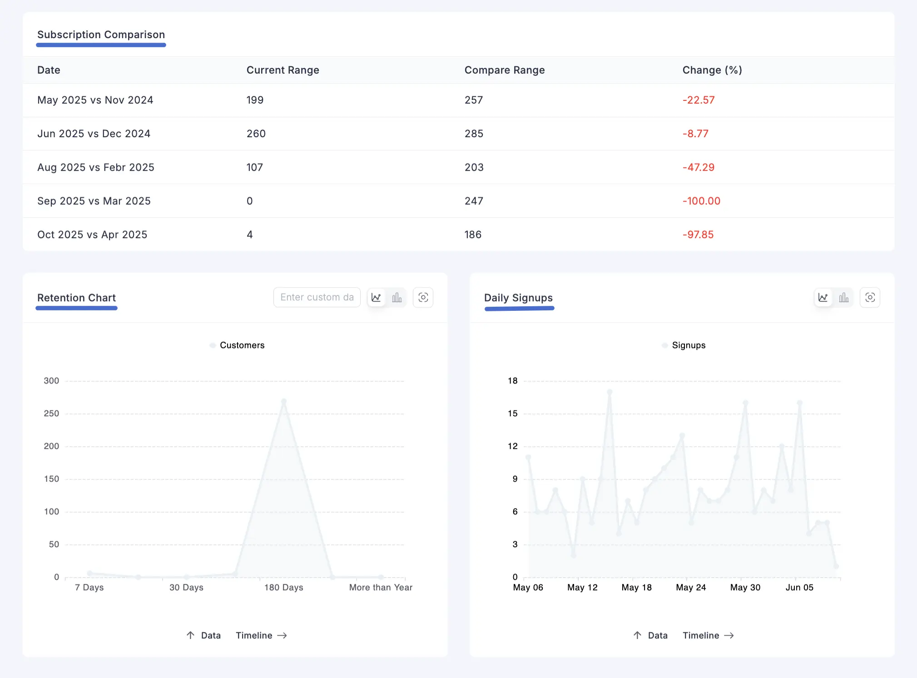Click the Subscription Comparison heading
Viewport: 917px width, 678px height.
[x=101, y=35]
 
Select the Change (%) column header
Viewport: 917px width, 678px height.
[x=712, y=70]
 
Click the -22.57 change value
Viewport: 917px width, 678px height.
[x=698, y=100]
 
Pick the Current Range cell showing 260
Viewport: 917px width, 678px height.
[x=256, y=134]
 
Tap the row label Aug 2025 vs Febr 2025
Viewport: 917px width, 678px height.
[x=95, y=167]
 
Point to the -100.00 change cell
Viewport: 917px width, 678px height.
[x=701, y=201]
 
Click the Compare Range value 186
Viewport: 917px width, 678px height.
[x=472, y=234]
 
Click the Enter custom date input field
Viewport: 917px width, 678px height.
[x=317, y=297]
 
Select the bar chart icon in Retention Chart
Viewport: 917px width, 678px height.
[x=397, y=297]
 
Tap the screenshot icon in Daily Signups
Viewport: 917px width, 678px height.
[x=870, y=297]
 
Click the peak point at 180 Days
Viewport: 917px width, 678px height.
[x=284, y=401]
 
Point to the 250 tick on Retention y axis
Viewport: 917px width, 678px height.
[x=51, y=414]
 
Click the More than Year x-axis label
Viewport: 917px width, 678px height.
[x=381, y=588]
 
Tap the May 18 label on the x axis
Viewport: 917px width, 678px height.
[x=636, y=588]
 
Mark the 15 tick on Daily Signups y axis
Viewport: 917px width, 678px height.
[x=512, y=414]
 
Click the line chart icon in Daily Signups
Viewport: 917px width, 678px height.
[x=823, y=297]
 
